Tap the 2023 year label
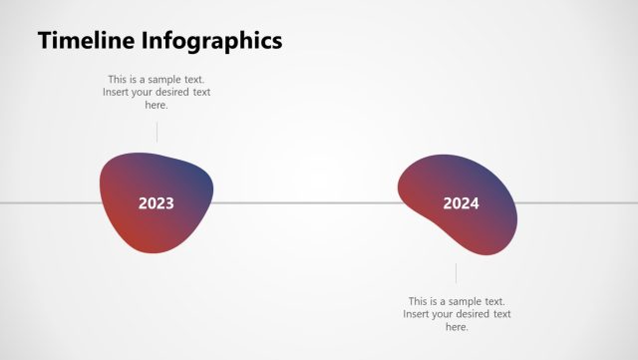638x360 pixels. [157, 203]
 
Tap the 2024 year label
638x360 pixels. [461, 203]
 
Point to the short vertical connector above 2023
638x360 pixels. [157, 131]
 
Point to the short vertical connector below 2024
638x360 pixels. [457, 273]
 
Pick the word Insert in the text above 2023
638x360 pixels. [118, 93]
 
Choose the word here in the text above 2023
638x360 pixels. [157, 105]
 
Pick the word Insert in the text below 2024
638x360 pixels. [419, 314]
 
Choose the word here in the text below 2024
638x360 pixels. [457, 327]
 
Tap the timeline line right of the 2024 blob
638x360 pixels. [578, 203]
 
